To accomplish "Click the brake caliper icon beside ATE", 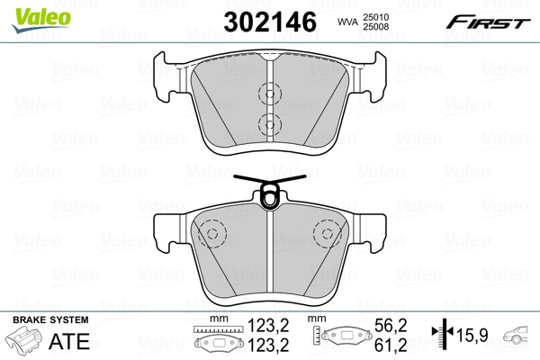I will tap(25, 342).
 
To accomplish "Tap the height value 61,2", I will tap(384, 344).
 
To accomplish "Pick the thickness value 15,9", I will tap(473, 336).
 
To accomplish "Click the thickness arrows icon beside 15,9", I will tap(441, 335).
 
